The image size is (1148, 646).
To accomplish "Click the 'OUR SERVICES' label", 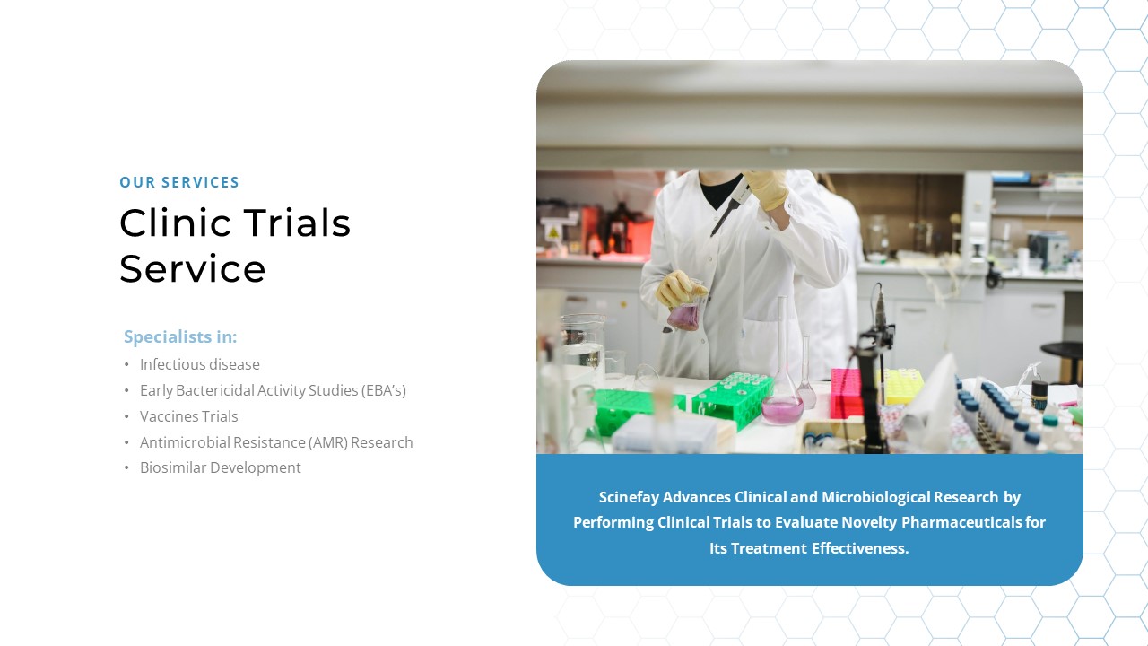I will (179, 182).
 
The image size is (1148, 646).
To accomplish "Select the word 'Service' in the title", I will (192, 268).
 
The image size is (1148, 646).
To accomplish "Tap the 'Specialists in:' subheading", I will (180, 336).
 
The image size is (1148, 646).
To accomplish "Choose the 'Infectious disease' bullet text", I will (199, 364).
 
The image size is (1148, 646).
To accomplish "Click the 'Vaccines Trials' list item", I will (188, 416).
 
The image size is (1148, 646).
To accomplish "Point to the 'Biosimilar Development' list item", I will (220, 467).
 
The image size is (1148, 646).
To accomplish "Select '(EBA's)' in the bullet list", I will (384, 390).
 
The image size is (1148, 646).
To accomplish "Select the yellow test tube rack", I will (903, 386).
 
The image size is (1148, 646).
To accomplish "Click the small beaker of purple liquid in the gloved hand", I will (684, 314).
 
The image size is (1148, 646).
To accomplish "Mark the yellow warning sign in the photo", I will (553, 232).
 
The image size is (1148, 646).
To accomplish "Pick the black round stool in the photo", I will (1063, 351).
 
